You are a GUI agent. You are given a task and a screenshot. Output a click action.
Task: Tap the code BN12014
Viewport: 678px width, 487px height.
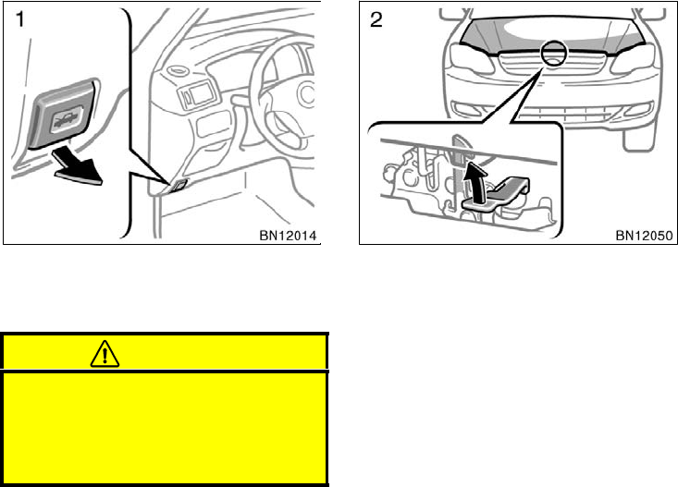tap(289, 236)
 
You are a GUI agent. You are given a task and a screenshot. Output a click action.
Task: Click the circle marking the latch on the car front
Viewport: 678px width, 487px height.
tap(555, 55)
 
